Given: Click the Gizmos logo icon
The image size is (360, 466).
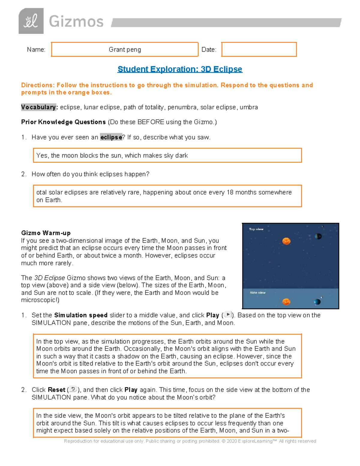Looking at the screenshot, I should [x=31, y=21].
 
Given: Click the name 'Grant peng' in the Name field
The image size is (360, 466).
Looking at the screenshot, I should [x=125, y=50].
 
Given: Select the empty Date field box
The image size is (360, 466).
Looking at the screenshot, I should [x=259, y=50].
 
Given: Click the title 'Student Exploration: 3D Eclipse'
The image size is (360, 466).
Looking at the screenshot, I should [x=180, y=69].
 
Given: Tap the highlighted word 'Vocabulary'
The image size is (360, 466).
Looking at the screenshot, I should [x=38, y=107].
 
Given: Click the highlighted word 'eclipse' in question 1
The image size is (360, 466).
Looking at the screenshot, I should [x=111, y=137].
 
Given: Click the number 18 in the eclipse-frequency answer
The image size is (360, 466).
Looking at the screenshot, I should [x=230, y=192].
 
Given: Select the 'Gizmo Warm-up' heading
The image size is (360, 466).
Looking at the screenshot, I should [x=46, y=233].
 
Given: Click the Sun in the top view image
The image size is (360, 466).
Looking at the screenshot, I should [x=286, y=241].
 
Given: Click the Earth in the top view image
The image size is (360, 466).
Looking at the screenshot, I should [x=318, y=236].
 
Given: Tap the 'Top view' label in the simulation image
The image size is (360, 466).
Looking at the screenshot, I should [x=256, y=229].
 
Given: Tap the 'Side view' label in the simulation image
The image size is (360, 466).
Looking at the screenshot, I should [x=257, y=293].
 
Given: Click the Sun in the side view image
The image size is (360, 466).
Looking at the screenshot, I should [x=286, y=302].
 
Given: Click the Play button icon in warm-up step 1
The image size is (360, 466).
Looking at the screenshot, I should [x=228, y=314].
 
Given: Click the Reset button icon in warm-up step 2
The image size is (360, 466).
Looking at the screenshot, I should [x=73, y=389].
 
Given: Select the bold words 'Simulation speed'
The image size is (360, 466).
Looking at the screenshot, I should [x=81, y=315].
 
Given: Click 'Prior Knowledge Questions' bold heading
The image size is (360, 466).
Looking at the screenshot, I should [x=63, y=122].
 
